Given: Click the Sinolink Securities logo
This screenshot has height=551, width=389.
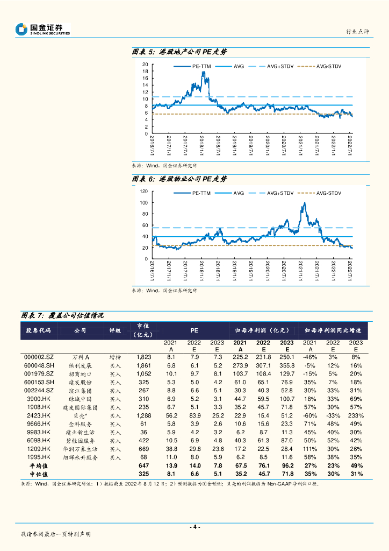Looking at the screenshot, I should (x=43, y=29).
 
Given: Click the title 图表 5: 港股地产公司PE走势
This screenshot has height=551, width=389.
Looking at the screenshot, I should (x=179, y=52).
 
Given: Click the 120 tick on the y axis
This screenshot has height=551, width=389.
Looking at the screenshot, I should (x=143, y=192).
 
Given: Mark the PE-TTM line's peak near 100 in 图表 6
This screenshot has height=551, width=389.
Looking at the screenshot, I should (x=305, y=203).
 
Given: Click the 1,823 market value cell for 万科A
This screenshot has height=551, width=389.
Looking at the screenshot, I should (x=143, y=357).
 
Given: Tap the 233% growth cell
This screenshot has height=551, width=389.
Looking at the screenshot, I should (x=356, y=415).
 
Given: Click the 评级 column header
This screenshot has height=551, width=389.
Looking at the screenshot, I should (x=115, y=331).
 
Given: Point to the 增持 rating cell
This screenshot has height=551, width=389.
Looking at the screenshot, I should (x=115, y=357).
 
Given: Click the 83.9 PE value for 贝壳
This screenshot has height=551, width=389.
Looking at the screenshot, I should (x=194, y=415).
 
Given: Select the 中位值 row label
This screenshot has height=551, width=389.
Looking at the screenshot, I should (x=39, y=474).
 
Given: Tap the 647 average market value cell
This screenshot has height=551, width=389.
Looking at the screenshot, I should (x=143, y=465).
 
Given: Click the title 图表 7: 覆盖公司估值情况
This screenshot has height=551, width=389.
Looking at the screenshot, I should (x=62, y=315).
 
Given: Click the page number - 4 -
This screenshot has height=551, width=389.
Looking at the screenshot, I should (x=195, y=527).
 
